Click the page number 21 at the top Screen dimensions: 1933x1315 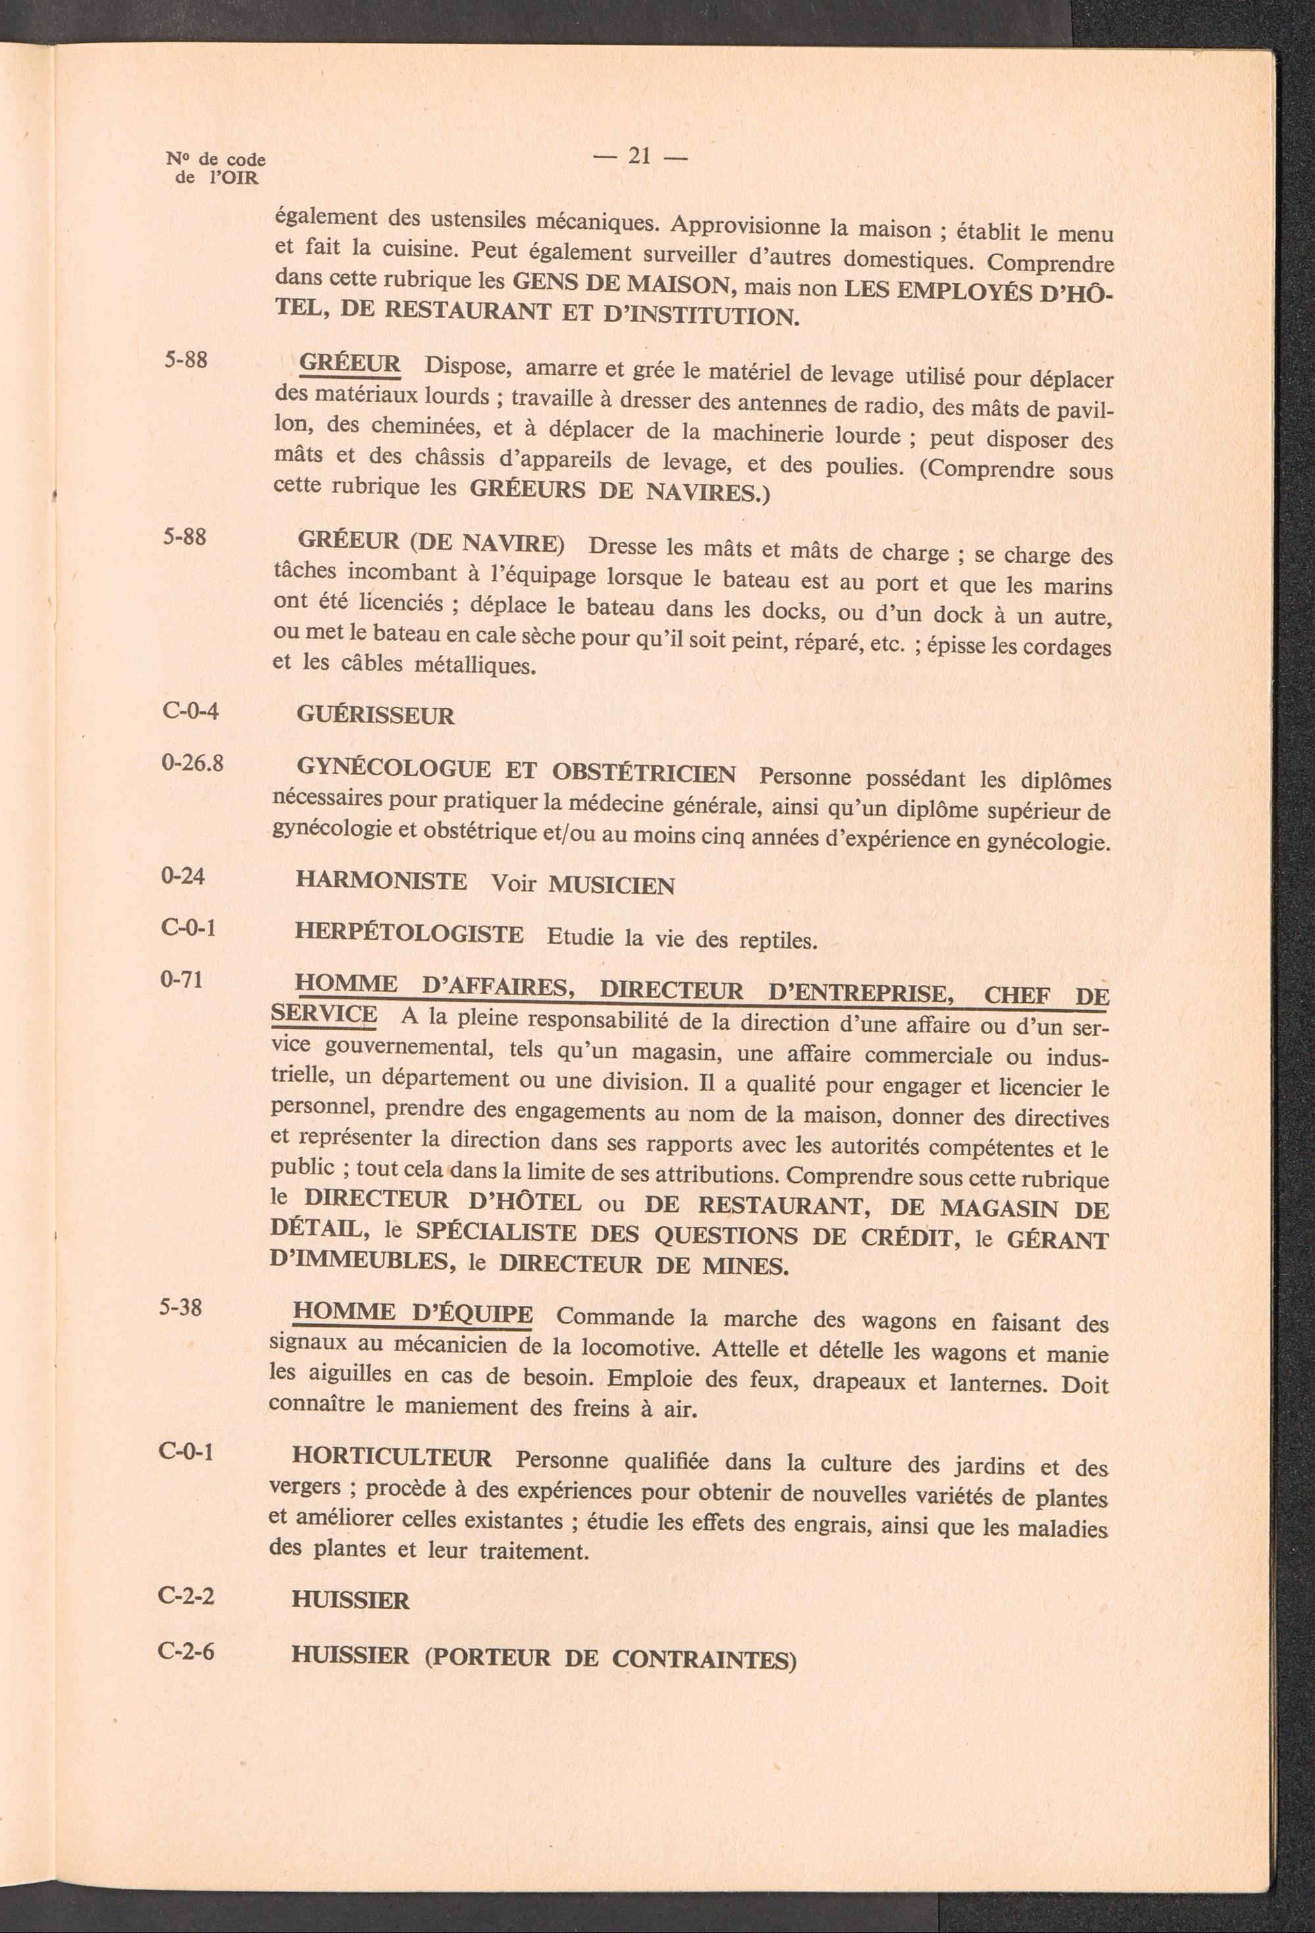pos(640,156)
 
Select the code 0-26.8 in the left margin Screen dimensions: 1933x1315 pos(192,763)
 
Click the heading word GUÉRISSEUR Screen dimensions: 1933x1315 pos(375,716)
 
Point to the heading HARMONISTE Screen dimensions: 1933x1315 pos(381,881)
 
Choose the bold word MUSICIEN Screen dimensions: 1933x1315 pos(611,886)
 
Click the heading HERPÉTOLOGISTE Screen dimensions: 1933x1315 pos(409,934)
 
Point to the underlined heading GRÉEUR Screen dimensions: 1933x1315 pos(349,364)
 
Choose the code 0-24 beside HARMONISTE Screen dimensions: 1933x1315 pos(183,875)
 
